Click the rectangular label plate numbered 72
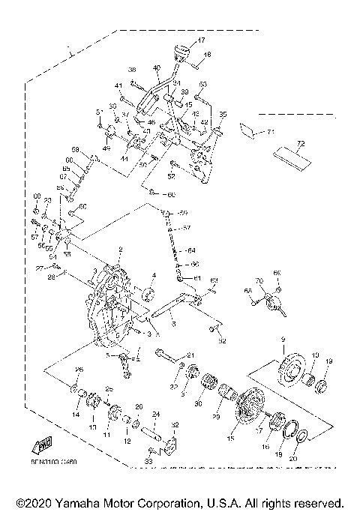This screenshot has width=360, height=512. pos(293,157)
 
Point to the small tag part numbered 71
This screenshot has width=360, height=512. pos(247,130)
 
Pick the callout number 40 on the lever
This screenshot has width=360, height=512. pos(157,67)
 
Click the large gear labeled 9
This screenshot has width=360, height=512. pos(288,372)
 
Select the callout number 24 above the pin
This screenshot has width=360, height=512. pos(157,413)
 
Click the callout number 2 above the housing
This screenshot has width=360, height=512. pos(119,250)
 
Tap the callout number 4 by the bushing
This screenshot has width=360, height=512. pos(154,275)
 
